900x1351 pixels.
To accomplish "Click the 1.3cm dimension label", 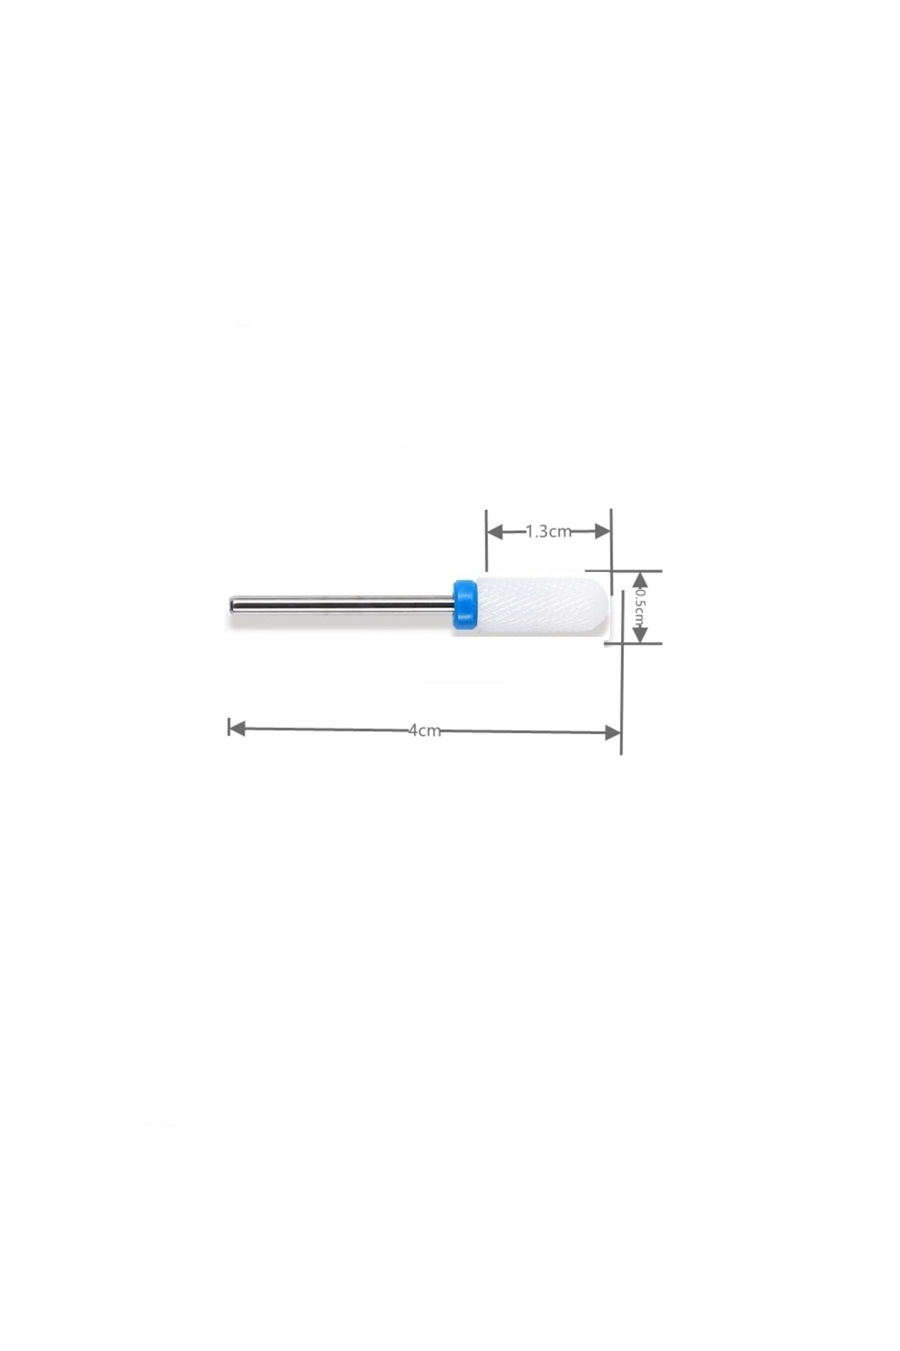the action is pos(548,531).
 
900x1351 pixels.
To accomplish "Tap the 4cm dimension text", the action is pos(424,730).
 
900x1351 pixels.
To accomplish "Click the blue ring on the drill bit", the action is pos(464,603).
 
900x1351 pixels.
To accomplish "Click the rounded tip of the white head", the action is pos(606,603).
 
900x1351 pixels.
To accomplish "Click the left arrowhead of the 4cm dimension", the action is pos(237,728).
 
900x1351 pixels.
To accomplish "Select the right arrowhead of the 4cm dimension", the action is pos(612,733).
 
